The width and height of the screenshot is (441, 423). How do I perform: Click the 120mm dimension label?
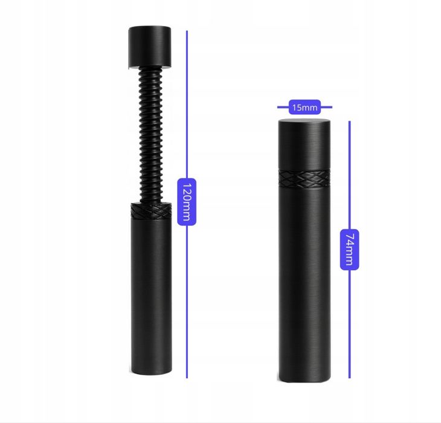[x=187, y=202]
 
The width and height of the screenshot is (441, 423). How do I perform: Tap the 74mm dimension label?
[x=349, y=250]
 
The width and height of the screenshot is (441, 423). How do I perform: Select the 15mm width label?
[x=304, y=107]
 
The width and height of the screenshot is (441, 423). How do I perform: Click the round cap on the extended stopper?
[x=150, y=47]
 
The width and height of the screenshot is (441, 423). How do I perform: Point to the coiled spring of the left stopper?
[x=151, y=135]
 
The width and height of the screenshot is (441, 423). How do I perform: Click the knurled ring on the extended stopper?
[x=151, y=211]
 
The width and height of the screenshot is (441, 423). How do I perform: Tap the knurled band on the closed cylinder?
[x=304, y=179]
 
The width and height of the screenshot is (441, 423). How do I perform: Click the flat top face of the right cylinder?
[x=304, y=121]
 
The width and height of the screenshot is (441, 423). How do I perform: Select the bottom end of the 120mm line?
[x=187, y=378]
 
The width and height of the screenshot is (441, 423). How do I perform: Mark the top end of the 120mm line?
[x=187, y=31]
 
